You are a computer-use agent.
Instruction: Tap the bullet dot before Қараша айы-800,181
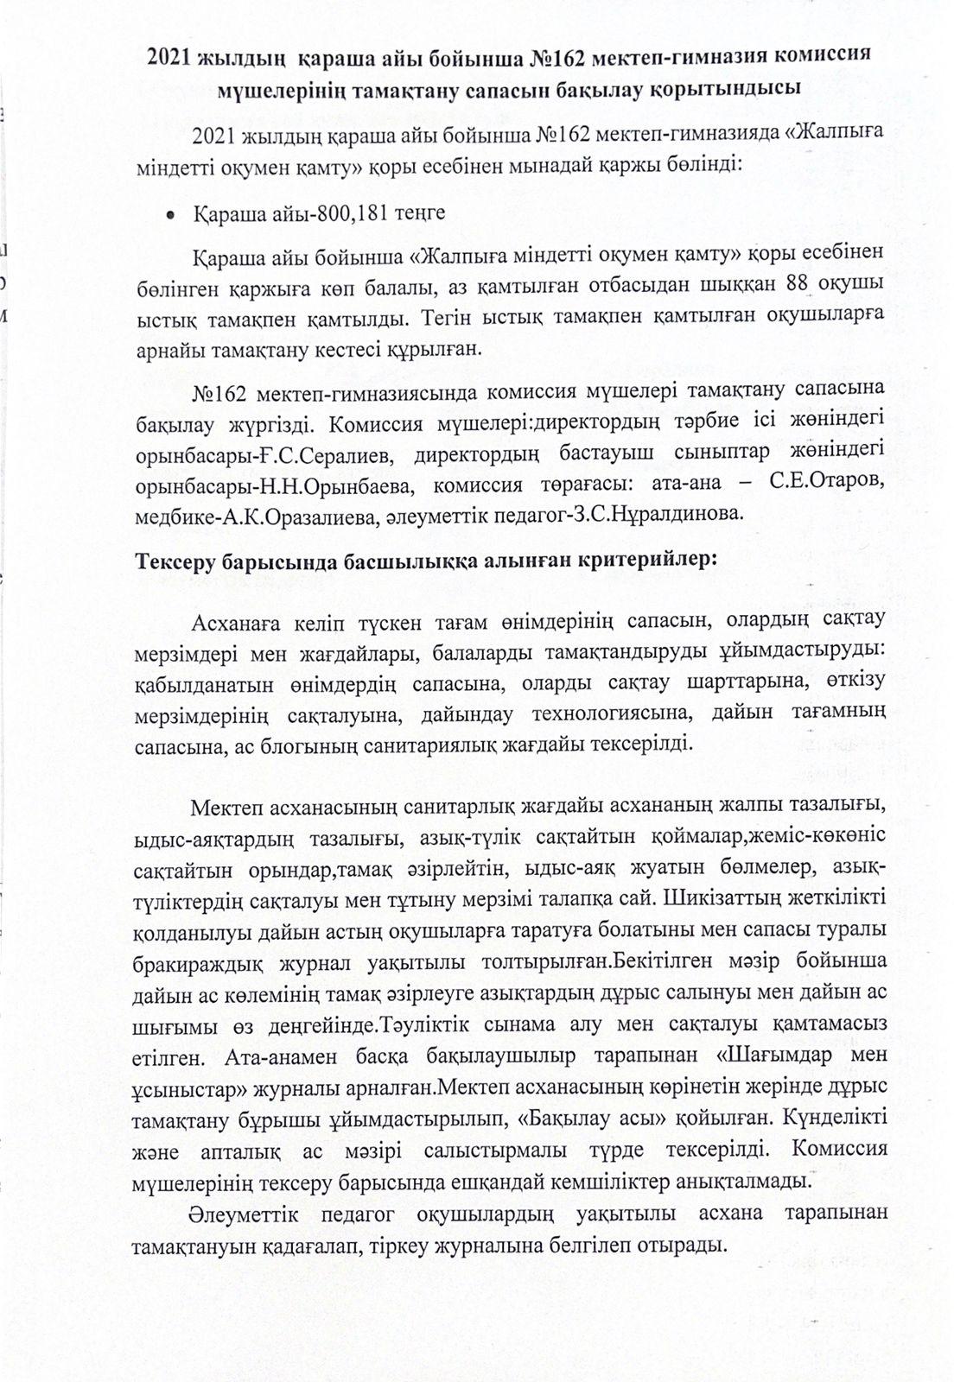tap(171, 212)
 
